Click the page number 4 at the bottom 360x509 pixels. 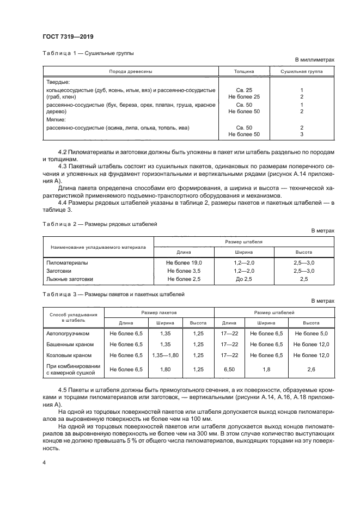[x=44, y=462]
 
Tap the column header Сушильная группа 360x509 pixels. [x=301, y=71]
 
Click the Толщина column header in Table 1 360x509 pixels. [x=240, y=71]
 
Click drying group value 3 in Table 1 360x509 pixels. [x=301, y=134]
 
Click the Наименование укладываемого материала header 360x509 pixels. [x=99, y=247]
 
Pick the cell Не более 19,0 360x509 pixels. [x=184, y=262]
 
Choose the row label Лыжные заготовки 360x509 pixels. [x=70, y=279]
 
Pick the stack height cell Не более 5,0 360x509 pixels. [x=311, y=333]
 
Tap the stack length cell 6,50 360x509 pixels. [x=229, y=370]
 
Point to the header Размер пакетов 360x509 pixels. [x=158, y=313]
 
